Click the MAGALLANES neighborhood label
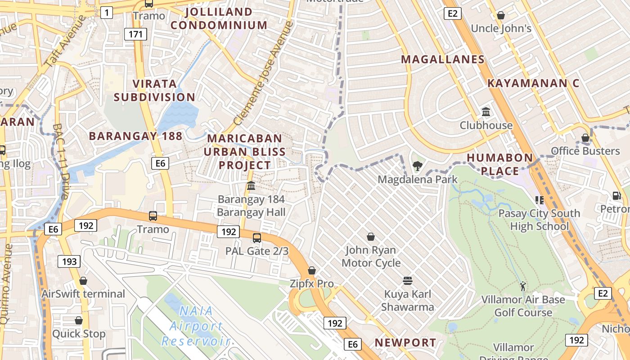point(443,59)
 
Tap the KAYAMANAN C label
point(533,83)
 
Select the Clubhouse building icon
point(486,112)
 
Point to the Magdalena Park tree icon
point(418,166)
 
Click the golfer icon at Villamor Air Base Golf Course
point(522,286)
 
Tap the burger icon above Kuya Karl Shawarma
point(408,281)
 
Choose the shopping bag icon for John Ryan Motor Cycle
point(371,237)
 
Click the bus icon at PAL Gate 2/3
point(257,238)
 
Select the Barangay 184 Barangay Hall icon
point(251,185)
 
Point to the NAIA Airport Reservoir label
point(196,326)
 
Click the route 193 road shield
point(69,261)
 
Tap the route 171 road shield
point(135,34)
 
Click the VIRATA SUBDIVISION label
point(154,90)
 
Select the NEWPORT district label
point(405,342)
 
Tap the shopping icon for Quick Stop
point(79,320)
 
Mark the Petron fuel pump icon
point(616,196)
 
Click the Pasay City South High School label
point(539,220)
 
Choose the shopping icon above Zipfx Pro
point(311,270)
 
